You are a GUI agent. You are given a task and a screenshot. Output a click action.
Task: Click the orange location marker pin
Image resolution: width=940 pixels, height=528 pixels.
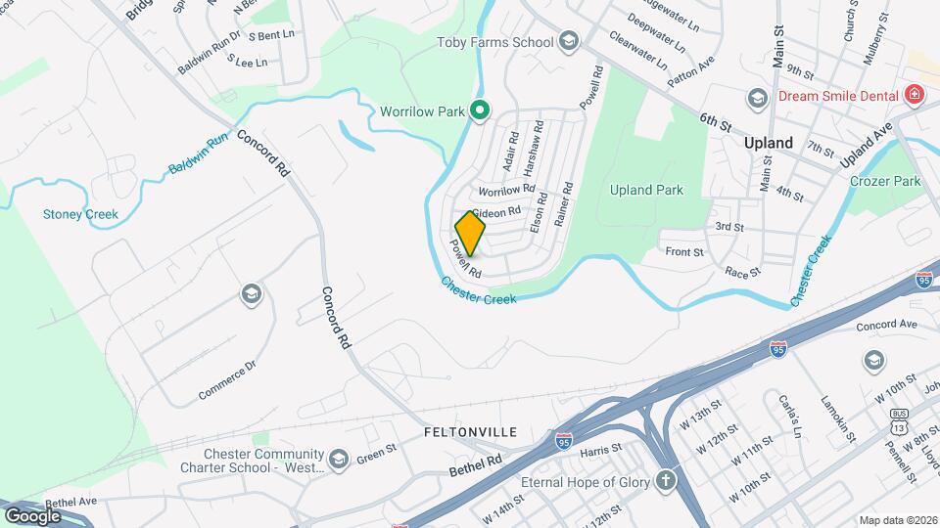click(471, 234)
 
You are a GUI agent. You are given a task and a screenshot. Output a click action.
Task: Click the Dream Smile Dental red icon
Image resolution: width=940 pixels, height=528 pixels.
click(915, 95)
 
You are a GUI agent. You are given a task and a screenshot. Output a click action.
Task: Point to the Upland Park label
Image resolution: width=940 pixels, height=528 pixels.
click(646, 190)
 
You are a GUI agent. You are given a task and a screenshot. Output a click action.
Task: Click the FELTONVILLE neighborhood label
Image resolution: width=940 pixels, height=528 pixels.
click(470, 431)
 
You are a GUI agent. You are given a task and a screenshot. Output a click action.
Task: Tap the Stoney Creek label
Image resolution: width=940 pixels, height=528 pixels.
click(80, 214)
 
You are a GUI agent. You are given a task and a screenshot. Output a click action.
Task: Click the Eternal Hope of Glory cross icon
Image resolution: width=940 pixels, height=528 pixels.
click(666, 481)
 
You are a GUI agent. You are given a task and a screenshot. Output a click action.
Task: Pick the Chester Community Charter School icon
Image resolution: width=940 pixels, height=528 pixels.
click(339, 460)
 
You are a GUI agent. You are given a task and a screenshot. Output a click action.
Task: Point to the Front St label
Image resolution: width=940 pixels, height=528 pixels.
click(684, 251)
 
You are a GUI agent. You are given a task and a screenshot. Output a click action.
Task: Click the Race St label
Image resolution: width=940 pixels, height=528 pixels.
click(742, 270)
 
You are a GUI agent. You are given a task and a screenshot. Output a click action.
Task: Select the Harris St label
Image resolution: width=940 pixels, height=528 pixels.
click(601, 451)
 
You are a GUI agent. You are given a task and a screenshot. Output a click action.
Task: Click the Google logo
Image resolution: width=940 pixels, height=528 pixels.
click(32, 516)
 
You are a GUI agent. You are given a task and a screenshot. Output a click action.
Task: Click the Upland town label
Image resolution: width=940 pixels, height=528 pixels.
click(768, 143)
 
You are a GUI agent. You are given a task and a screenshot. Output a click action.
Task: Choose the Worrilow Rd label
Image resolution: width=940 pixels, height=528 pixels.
click(506, 189)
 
